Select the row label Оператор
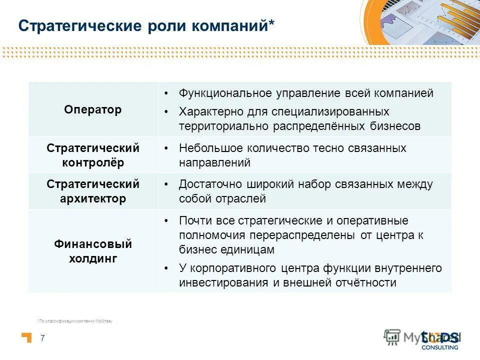pyautogui.click(x=93, y=109)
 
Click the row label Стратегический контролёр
pyautogui.click(x=93, y=155)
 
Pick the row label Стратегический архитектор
pyautogui.click(x=93, y=191)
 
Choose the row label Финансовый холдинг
pyautogui.click(x=93, y=251)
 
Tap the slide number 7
pyautogui.click(x=42, y=338)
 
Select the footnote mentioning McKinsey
pyautogui.click(x=75, y=321)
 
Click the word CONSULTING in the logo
pyautogui.click(x=440, y=347)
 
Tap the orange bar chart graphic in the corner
pyautogui.click(x=452, y=20)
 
